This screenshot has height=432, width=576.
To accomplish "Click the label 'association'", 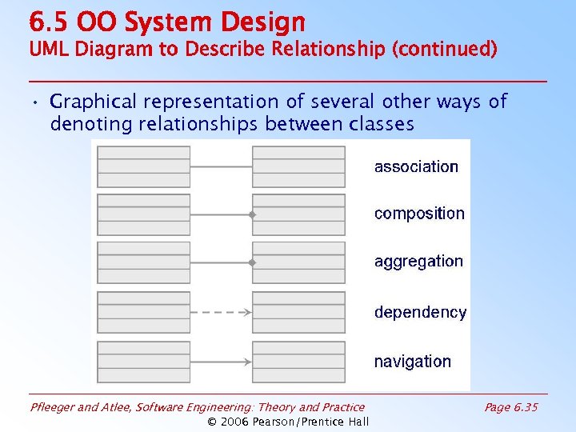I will click(416, 167).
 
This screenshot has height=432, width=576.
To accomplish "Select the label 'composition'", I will click(419, 214).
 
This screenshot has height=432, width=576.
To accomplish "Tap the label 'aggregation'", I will click(418, 262).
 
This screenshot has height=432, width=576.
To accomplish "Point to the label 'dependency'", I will click(420, 313).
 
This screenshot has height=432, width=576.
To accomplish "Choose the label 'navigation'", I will click(412, 362).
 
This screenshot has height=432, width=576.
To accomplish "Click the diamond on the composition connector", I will click(251, 215).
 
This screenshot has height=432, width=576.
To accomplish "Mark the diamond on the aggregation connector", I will click(251, 262).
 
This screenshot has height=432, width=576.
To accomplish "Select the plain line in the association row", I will click(221, 166).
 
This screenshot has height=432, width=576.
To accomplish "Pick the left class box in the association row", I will click(144, 166).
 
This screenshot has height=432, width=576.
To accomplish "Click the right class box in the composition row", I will click(298, 214).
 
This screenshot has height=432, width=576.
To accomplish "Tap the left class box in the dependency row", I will click(144, 312).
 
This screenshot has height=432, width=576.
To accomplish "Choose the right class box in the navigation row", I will click(298, 362).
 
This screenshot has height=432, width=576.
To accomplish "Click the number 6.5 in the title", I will click(46, 22).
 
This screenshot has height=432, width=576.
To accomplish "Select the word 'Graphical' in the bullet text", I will click(93, 102).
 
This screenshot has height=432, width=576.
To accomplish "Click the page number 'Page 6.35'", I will click(511, 407).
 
